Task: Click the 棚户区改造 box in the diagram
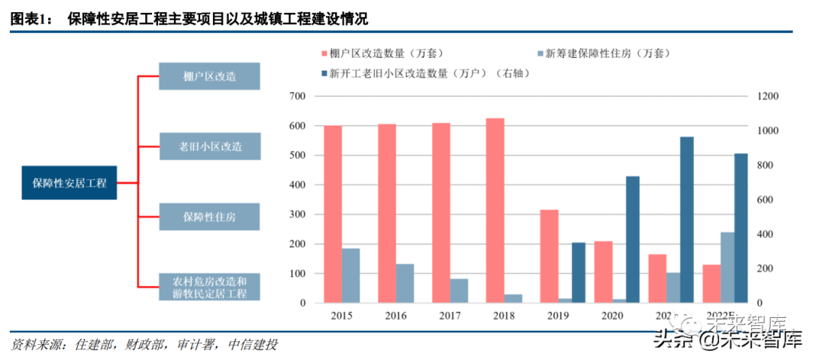[x=209, y=76]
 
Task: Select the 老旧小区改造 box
[x=209, y=146]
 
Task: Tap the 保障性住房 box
[x=209, y=216]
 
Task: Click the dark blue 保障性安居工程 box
[x=69, y=182]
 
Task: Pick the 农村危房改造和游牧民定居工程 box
[x=209, y=286]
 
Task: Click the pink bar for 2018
[x=495, y=211]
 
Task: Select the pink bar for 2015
[x=332, y=215]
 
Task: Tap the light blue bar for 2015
[x=350, y=276]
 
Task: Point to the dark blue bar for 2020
[x=634, y=239]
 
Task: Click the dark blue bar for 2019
[x=579, y=273]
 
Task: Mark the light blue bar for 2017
[x=458, y=291]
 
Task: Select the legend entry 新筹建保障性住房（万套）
[x=607, y=53]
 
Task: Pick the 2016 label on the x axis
[x=395, y=316]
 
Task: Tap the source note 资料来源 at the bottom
[x=143, y=345]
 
